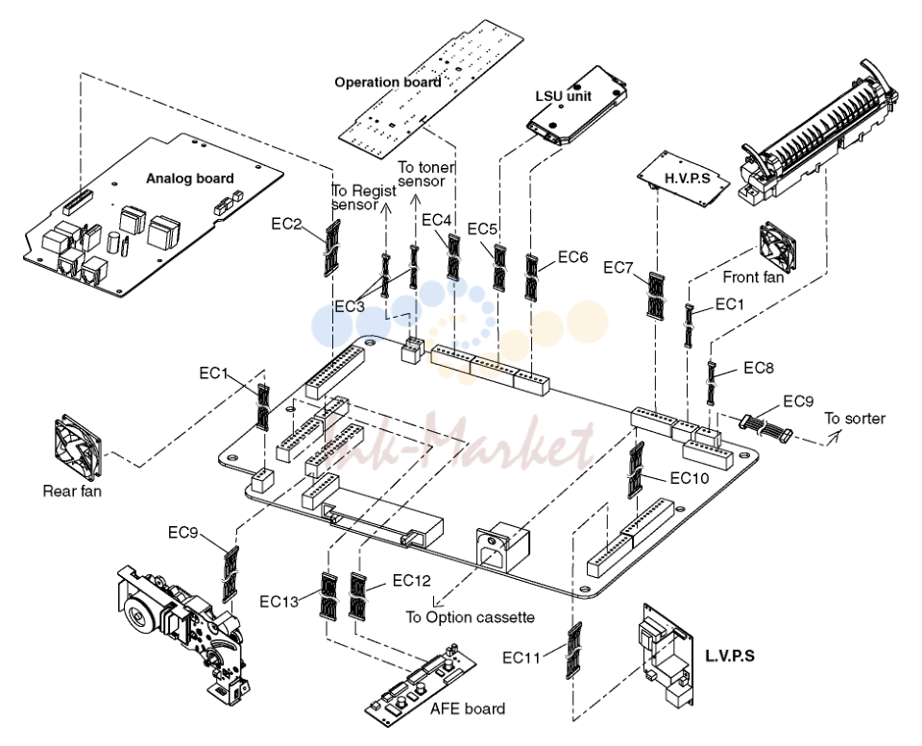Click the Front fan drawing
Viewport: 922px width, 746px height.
click(x=777, y=247)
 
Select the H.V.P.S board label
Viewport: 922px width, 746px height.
click(x=688, y=178)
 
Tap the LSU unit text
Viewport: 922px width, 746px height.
click(x=564, y=96)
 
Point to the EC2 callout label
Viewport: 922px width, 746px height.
click(x=286, y=224)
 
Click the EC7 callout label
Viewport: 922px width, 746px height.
click(x=618, y=268)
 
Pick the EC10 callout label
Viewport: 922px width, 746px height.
click(x=690, y=478)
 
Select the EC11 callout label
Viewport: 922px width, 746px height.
click(x=521, y=658)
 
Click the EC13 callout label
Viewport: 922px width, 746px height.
click(x=279, y=601)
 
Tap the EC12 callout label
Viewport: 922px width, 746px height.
click(x=412, y=581)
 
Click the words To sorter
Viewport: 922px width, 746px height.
click(x=855, y=419)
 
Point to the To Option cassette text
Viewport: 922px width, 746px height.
click(x=470, y=617)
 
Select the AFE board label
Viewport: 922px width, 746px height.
click(x=468, y=709)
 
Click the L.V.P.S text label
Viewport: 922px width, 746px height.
click(x=730, y=656)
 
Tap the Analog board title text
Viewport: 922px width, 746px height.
click(x=189, y=179)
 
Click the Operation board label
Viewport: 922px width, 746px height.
click(x=387, y=83)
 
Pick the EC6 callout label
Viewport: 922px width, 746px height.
click(x=572, y=257)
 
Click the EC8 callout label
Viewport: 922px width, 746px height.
click(x=759, y=368)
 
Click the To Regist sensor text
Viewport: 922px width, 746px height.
click(x=363, y=198)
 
